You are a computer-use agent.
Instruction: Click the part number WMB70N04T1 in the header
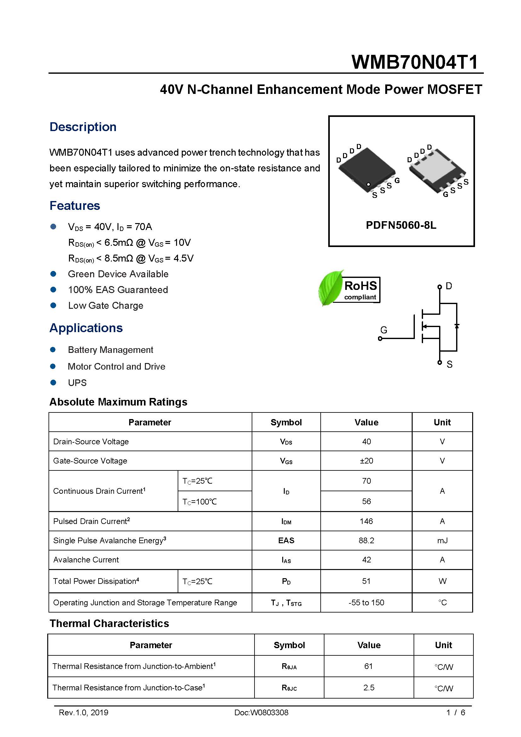coord(415,62)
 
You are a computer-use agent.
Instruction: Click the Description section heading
coord(83,127)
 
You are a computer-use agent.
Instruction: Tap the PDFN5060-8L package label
coord(401,225)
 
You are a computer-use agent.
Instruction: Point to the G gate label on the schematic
coord(383,330)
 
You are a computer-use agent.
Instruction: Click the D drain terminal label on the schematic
coord(449,286)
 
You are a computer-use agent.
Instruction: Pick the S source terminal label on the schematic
coord(449,364)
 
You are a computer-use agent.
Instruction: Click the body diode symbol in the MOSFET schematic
coord(456,326)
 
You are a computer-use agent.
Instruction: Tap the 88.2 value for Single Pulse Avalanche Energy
coord(366,540)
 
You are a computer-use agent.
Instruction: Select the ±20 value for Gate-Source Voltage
coord(366,461)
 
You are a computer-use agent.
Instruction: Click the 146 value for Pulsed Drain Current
coord(366,521)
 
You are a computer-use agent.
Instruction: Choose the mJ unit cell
coord(442,541)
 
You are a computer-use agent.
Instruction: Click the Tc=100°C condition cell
coord(199,501)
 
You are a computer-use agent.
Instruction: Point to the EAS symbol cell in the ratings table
coord(286,541)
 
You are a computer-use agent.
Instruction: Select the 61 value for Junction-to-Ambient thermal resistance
coord(368,666)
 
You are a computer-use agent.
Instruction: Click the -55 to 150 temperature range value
coord(366,602)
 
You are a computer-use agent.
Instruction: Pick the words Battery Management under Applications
coord(110,350)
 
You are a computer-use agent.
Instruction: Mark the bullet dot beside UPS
coord(53,382)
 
